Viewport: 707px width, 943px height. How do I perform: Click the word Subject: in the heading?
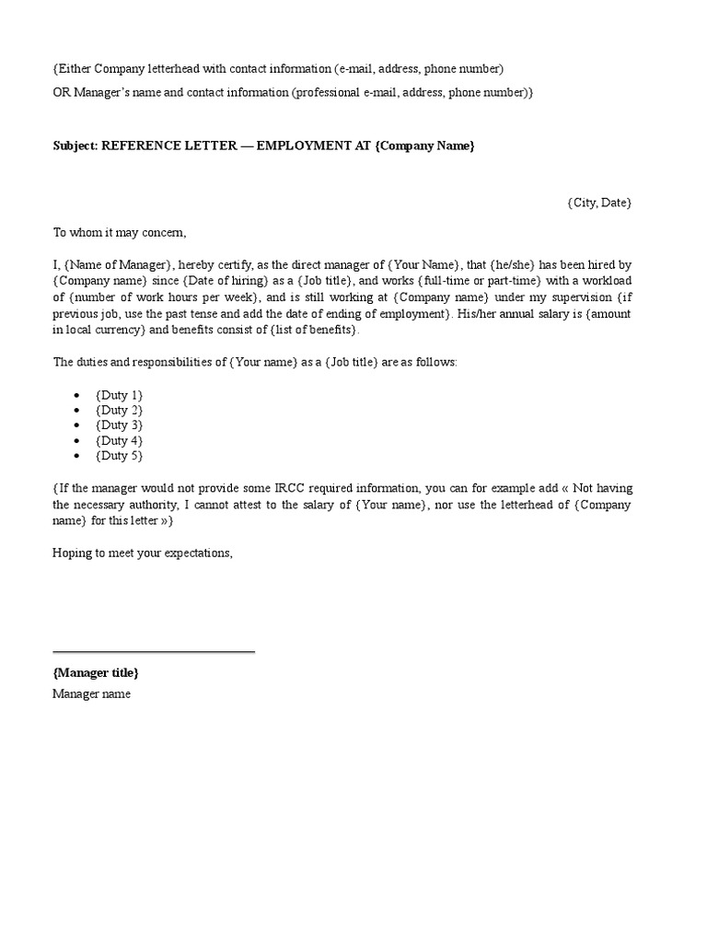[75, 146]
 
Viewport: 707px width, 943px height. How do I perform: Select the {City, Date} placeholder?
[599, 203]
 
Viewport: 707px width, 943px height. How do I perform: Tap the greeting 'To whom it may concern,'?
[120, 233]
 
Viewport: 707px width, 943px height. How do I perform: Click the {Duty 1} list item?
[119, 395]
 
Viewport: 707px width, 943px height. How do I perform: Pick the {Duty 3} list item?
[119, 425]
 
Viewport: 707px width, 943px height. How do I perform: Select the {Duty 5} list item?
[119, 456]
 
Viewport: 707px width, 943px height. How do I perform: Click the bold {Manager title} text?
[96, 673]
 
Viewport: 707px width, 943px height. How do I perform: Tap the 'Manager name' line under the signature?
[91, 694]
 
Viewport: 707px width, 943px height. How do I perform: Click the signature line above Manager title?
[154, 652]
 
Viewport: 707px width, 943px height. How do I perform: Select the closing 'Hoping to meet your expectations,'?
[143, 553]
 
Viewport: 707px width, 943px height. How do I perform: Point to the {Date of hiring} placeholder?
[226, 280]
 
